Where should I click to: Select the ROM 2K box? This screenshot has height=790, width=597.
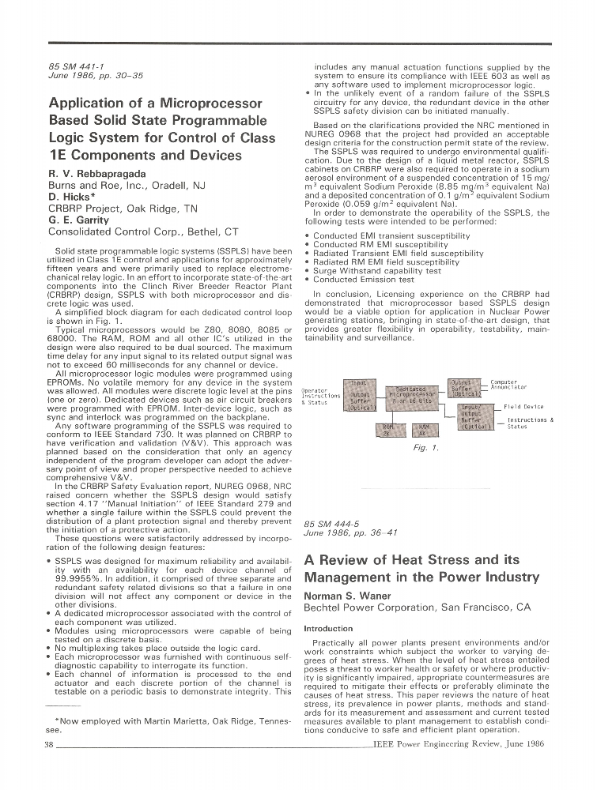[387, 431]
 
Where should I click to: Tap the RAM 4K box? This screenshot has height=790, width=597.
[424, 431]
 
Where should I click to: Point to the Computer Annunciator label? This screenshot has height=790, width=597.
[508, 385]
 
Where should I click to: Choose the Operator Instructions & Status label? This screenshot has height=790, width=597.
[321, 396]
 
